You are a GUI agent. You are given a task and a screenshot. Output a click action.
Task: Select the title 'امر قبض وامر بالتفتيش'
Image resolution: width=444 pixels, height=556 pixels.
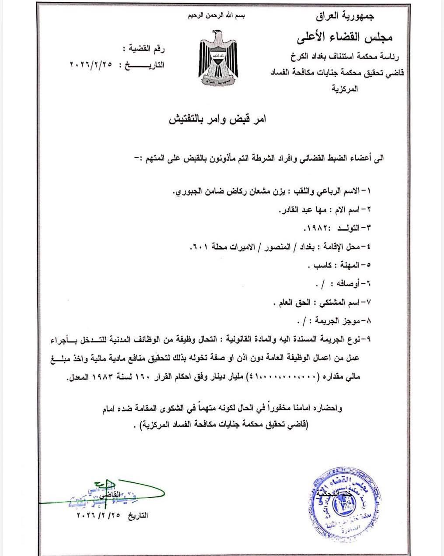218,120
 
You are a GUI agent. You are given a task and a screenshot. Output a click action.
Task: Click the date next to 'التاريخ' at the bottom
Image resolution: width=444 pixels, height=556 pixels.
99,515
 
